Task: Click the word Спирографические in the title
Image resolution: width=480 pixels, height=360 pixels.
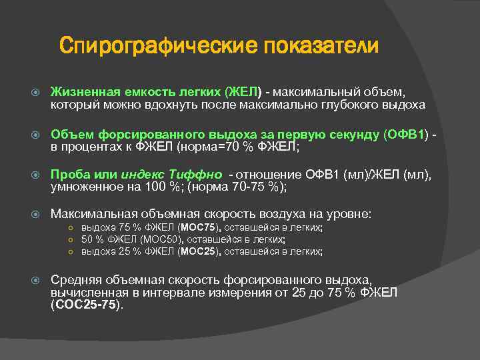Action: pyautogui.click(x=158, y=47)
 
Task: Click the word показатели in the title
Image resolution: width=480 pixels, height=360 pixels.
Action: pyautogui.click(x=321, y=47)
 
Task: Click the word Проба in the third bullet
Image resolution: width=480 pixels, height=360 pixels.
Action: pyautogui.click(x=68, y=175)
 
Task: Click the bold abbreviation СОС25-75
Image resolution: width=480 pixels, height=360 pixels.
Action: pyautogui.click(x=87, y=305)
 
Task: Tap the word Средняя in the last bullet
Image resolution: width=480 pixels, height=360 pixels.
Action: pyautogui.click(x=75, y=279)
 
